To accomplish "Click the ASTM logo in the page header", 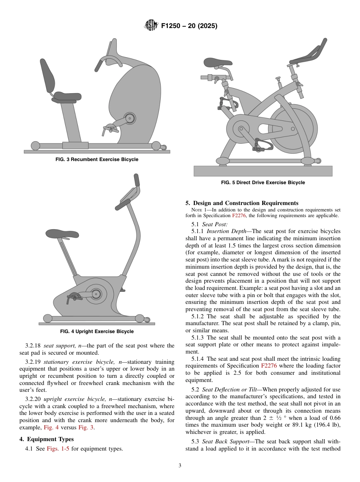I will pos(151,26).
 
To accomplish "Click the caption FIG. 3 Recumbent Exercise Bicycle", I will pos(97,160).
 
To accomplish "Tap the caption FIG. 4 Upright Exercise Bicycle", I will pos(97,332).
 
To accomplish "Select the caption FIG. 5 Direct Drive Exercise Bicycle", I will pos(263,183).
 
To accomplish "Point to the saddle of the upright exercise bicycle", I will pos(63,234).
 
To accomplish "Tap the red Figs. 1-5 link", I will pos(58,449).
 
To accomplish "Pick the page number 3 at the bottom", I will pos(180,466).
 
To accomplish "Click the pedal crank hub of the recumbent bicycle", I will pos(130,119).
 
